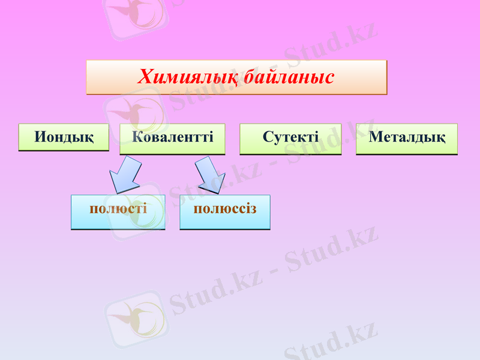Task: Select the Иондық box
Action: coord(64,137)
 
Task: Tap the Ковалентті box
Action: coord(173,137)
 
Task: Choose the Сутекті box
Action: coord(290,137)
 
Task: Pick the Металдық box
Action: coord(407,137)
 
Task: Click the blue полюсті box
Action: coord(118,211)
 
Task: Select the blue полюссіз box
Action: coord(225,211)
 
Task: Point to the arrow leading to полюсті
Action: coord(124,174)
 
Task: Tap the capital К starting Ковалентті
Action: coord(137,137)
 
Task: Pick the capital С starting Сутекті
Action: coord(268,137)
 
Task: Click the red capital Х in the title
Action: coord(145,77)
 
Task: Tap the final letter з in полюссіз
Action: coord(253,209)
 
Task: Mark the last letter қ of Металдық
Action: coord(441,137)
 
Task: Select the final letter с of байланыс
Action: coord(329,78)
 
